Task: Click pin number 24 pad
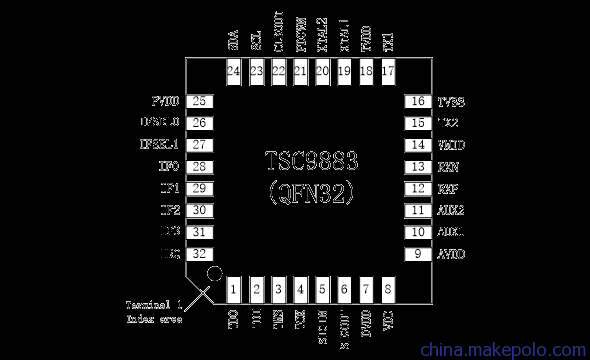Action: click(234, 71)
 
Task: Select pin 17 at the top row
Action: click(388, 71)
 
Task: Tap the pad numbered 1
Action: click(234, 290)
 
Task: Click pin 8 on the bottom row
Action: click(388, 290)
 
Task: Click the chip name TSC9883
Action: click(311, 161)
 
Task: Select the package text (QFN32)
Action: click(311, 189)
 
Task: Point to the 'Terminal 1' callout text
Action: click(153, 304)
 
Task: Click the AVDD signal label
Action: click(451, 254)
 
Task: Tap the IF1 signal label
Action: click(169, 189)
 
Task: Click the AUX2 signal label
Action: click(451, 211)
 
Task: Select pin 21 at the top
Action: click(300, 71)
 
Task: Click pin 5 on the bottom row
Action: click(322, 290)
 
